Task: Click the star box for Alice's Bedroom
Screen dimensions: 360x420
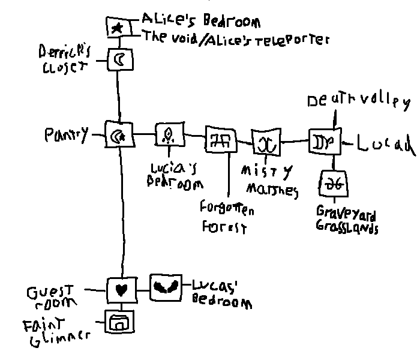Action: [118, 27]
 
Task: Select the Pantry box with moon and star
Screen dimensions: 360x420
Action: [118, 137]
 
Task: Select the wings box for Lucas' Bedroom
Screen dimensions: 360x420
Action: [164, 287]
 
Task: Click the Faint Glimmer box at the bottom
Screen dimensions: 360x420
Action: [119, 323]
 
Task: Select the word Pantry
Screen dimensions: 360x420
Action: [65, 134]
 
